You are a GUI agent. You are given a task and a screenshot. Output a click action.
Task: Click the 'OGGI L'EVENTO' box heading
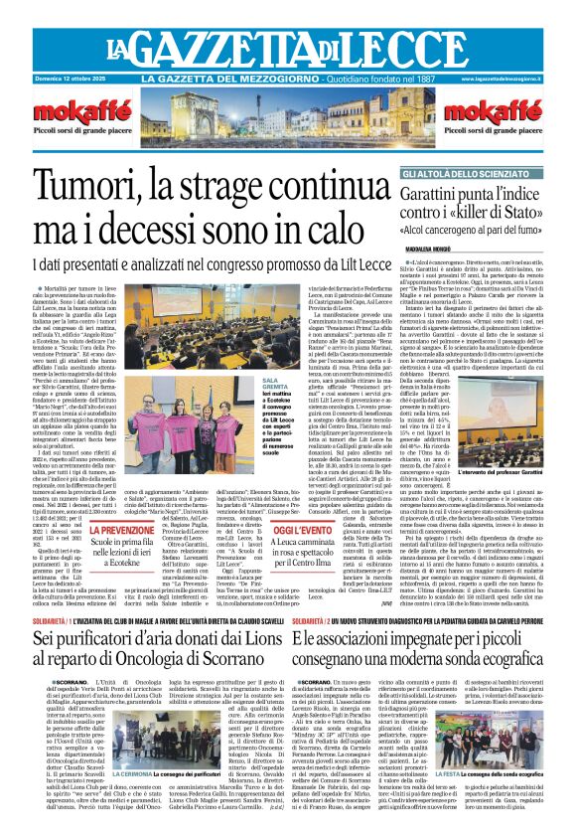[x=303, y=531]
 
